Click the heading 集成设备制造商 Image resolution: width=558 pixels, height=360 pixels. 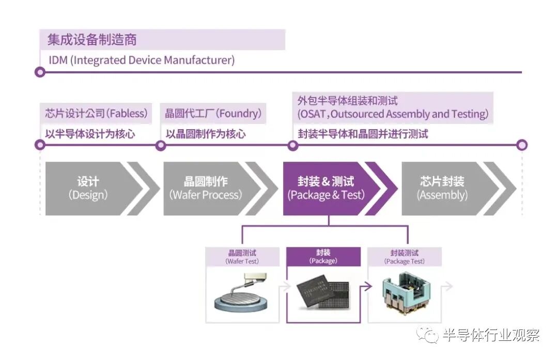(x=92, y=39)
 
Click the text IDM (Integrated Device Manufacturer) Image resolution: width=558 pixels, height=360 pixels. (x=142, y=60)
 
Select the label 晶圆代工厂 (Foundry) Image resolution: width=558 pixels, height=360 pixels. (x=213, y=113)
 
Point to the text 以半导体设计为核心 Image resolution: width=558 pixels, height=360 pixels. (x=90, y=134)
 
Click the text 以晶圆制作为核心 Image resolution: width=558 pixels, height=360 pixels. (x=206, y=134)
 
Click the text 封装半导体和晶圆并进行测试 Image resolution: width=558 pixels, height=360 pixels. (x=363, y=134)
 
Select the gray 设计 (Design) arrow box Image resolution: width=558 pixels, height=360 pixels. (x=88, y=188)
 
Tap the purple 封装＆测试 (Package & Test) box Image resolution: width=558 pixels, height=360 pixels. (x=326, y=188)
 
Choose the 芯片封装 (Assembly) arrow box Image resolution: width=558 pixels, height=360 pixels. (x=442, y=188)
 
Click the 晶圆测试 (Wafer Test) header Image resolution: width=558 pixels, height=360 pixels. (x=242, y=257)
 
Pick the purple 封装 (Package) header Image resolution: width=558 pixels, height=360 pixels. (x=323, y=257)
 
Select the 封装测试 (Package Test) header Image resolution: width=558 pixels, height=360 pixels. (x=405, y=257)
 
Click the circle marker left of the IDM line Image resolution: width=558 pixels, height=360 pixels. (x=40, y=72)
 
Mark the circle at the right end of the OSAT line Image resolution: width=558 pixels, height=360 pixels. (x=522, y=145)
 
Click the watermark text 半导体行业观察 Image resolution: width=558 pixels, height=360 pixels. (x=491, y=335)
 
